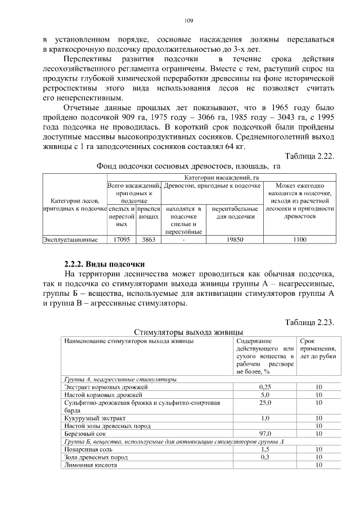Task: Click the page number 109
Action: pos(188,21)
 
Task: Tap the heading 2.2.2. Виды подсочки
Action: pos(104,263)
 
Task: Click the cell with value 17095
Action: pos(121,240)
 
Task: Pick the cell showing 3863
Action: pos(148,240)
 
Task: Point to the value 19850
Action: pos(233,240)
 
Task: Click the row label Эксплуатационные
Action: pos(70,240)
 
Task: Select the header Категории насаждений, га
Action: pos(221,178)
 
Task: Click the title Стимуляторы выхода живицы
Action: pos(188,331)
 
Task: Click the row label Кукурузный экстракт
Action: pos(94,418)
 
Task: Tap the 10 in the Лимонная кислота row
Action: pos(318,465)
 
